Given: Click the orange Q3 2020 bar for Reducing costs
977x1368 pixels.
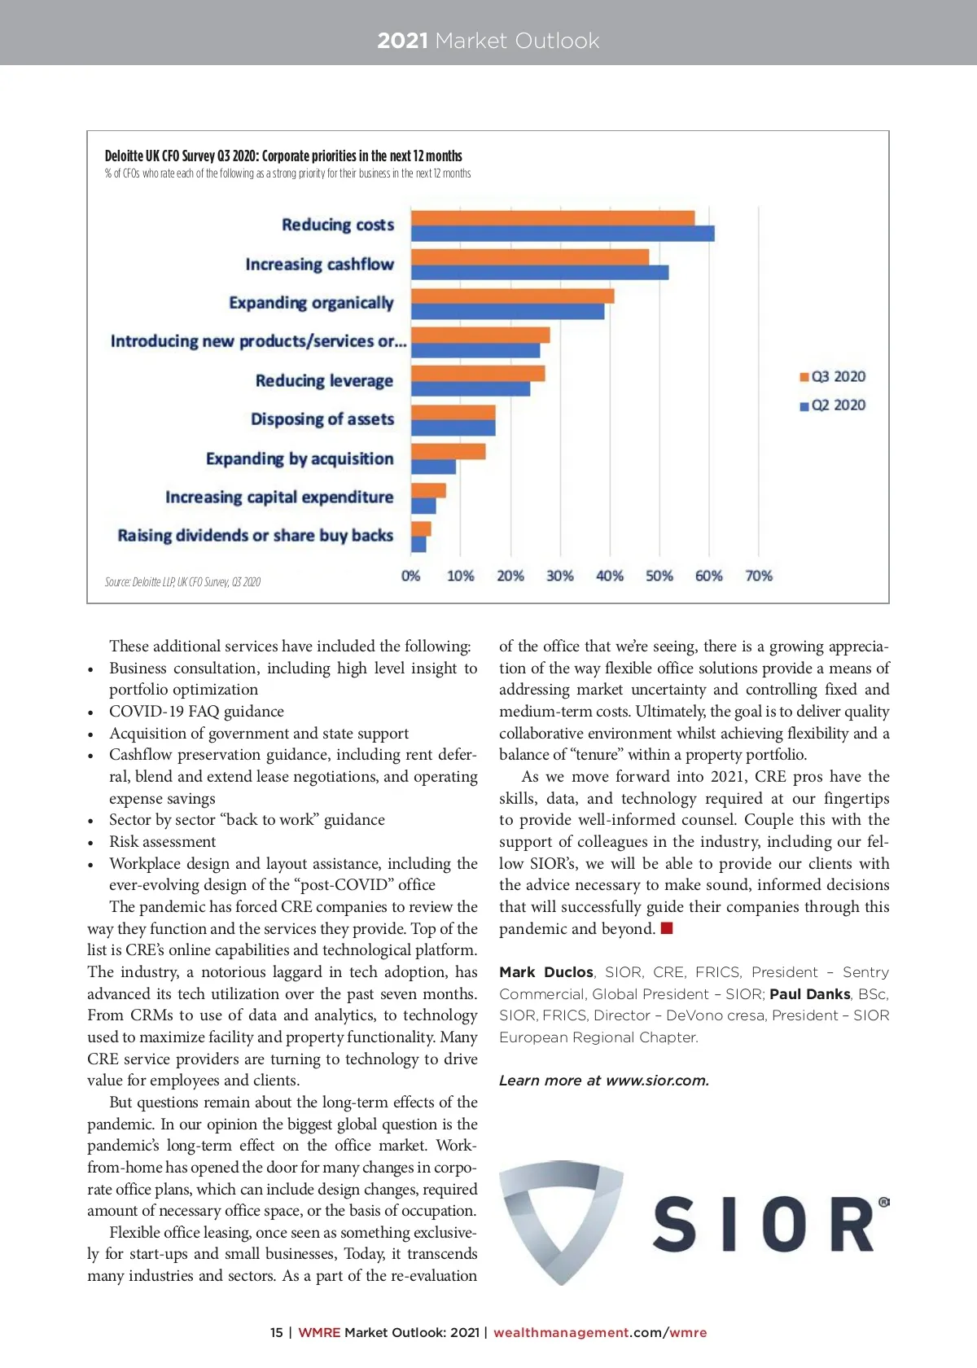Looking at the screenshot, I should pyautogui.click(x=552, y=217).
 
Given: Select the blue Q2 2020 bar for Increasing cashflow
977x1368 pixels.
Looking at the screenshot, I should pyautogui.click(x=539, y=273).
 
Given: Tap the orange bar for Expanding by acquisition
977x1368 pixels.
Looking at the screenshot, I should pyautogui.click(x=448, y=451).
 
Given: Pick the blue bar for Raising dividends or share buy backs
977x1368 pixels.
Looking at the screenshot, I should pyautogui.click(x=418, y=544).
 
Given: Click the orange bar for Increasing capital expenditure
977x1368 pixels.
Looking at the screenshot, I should pyautogui.click(x=428, y=490).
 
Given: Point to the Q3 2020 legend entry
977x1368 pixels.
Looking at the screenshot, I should pyautogui.click(x=833, y=376).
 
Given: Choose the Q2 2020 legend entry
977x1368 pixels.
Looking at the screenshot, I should pyautogui.click(x=833, y=405).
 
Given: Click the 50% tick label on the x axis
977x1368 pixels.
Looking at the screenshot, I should pyautogui.click(x=659, y=576).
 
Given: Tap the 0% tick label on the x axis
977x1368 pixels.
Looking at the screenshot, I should pyautogui.click(x=410, y=576).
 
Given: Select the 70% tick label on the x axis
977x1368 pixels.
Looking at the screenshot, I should pyautogui.click(x=759, y=576).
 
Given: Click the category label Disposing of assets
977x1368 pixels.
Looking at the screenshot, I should pyautogui.click(x=322, y=419).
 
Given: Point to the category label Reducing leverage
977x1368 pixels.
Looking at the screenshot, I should pyautogui.click(x=324, y=380).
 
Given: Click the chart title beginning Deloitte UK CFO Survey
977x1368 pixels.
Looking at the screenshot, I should pyautogui.click(x=283, y=156).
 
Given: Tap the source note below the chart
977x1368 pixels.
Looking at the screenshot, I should pyautogui.click(x=182, y=581).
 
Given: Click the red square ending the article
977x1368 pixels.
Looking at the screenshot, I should pyautogui.click(x=667, y=928).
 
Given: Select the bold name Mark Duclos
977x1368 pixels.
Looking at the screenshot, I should pyautogui.click(x=546, y=972).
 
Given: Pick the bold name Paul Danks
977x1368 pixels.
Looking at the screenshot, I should pyautogui.click(x=809, y=994).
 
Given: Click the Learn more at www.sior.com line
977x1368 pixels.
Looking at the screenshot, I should pyautogui.click(x=603, y=1081).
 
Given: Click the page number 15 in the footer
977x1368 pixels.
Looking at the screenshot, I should pyautogui.click(x=277, y=1332).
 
